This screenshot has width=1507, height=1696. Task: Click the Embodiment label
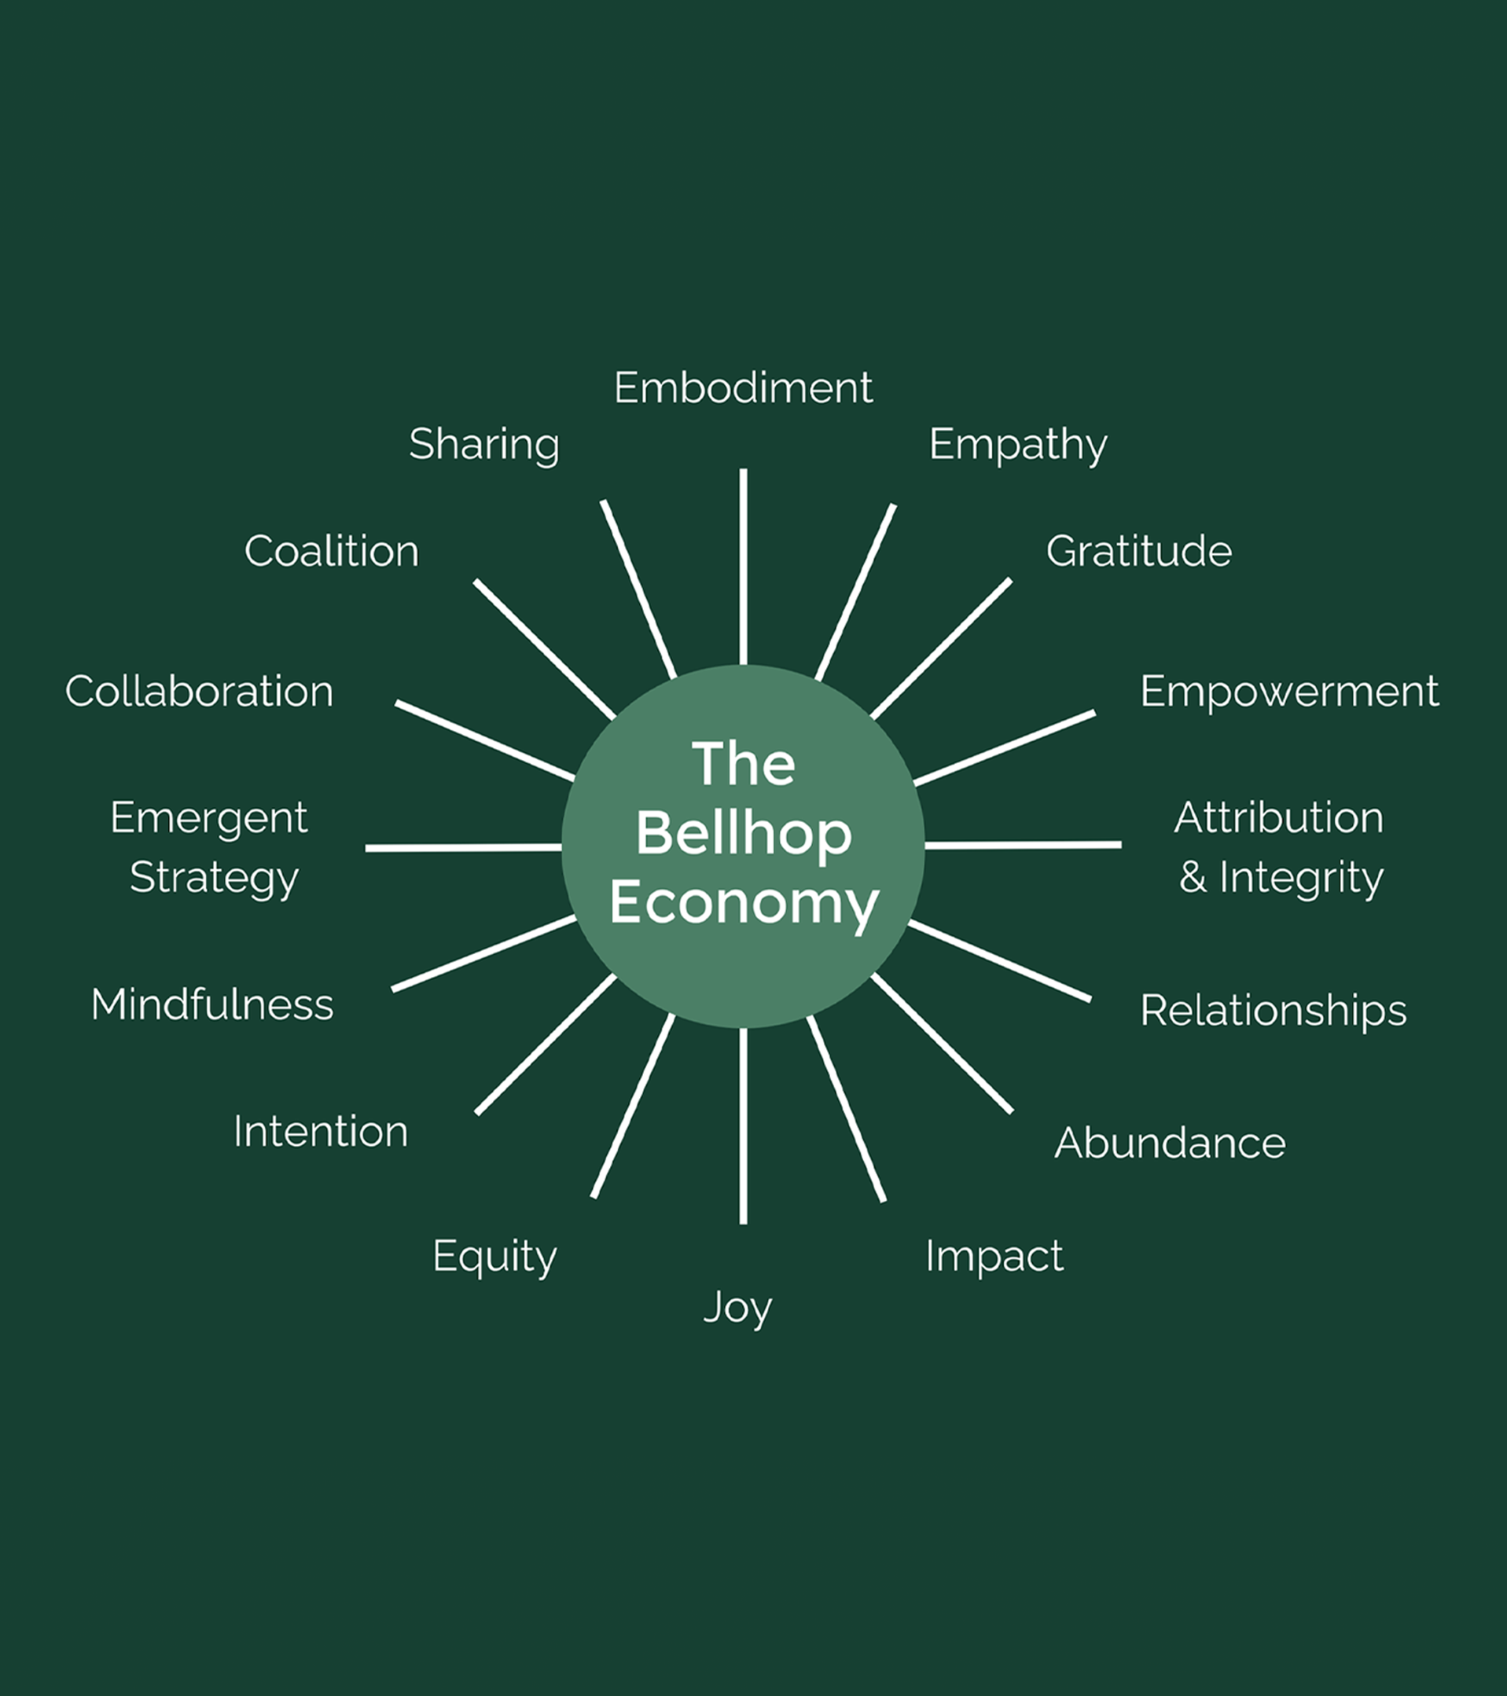pyautogui.click(x=743, y=387)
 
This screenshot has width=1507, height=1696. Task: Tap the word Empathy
pyautogui.click(x=1017, y=445)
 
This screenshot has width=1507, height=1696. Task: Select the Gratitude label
pyautogui.click(x=1138, y=551)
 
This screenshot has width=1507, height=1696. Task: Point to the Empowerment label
pyautogui.click(x=1288, y=691)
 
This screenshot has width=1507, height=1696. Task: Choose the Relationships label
pyautogui.click(x=1273, y=1010)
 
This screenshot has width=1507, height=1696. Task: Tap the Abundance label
pyautogui.click(x=1169, y=1143)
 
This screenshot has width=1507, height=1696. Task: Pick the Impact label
pyautogui.click(x=994, y=1255)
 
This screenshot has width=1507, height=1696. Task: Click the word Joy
pyautogui.click(x=737, y=1308)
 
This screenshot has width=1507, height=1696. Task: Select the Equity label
pyautogui.click(x=494, y=1256)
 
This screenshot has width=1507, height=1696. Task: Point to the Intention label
pyautogui.click(x=320, y=1131)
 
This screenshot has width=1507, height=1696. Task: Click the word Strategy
pyautogui.click(x=214, y=878)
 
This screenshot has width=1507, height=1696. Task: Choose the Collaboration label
pyautogui.click(x=199, y=691)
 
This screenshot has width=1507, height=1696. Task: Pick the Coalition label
pyautogui.click(x=331, y=551)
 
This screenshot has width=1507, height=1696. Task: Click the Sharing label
pyautogui.click(x=483, y=444)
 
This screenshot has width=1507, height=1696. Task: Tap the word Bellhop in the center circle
pyautogui.click(x=744, y=833)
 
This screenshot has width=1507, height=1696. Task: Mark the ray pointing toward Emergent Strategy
pyautogui.click(x=463, y=848)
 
